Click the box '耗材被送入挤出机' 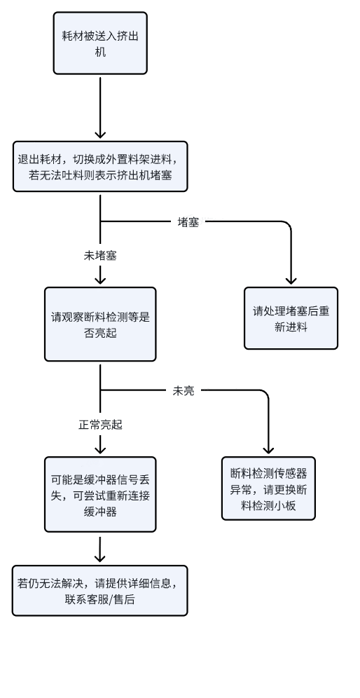100,43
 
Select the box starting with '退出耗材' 100,167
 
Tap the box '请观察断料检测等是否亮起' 100,324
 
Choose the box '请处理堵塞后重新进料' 291,318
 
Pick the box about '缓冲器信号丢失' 100,494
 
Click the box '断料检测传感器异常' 268,488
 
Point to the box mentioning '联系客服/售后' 99,591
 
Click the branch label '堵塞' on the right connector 188,222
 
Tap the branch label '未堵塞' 100,256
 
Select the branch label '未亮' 184,391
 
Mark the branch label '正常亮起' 100,425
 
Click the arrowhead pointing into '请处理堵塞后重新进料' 291,280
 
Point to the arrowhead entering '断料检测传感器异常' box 268,450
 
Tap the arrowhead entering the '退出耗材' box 100,134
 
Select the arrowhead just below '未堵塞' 100,280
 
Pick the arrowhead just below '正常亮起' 100,449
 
